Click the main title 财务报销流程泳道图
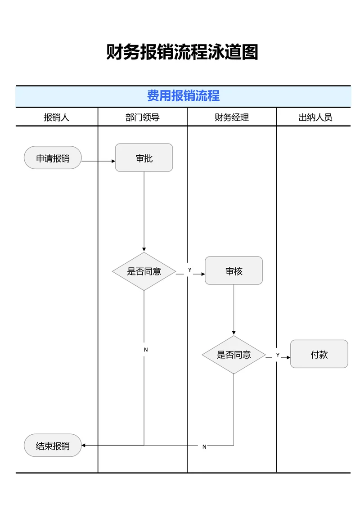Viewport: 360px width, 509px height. coord(182,52)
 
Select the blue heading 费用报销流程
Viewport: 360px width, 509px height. coord(183,96)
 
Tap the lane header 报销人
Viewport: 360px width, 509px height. coord(56,117)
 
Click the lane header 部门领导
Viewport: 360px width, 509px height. coord(142,117)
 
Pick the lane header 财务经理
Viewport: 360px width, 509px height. coord(231,117)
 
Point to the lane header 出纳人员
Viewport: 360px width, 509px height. coord(315,117)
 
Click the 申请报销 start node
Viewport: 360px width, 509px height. coord(53,158)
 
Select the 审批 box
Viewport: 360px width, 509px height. coord(144,158)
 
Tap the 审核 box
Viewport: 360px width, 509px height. coord(234,271)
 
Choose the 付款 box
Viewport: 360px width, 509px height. coord(319,354)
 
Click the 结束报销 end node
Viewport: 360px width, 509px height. coord(53,446)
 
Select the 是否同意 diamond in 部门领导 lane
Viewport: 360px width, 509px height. coord(144,271)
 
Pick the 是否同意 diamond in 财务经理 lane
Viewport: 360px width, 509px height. coord(234,355)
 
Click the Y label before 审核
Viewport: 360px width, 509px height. coord(189,270)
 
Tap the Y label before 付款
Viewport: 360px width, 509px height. coord(278,355)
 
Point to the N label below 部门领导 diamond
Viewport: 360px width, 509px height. coord(145,350)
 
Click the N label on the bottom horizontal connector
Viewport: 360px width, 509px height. coord(204,447)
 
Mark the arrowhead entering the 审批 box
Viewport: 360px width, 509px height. coord(113,161)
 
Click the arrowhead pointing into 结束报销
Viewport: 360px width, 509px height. coord(84,445)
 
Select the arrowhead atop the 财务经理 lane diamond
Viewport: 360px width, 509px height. coord(234,333)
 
